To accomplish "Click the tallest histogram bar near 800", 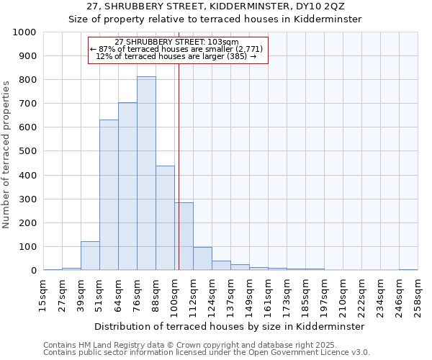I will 146,174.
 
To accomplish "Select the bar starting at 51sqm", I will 109,195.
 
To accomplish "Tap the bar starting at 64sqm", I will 127,186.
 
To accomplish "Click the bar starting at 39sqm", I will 90,256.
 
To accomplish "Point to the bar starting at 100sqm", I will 184,237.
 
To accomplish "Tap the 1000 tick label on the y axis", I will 24,32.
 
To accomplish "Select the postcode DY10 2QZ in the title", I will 312,6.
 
